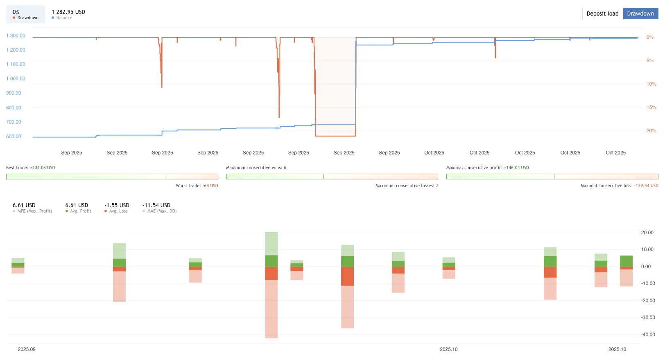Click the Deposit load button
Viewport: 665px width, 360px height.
[x=602, y=14]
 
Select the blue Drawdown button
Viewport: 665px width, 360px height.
[x=640, y=14]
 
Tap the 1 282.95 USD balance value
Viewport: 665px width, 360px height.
[x=68, y=12]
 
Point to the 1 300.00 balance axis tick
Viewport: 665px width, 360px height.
[x=16, y=36]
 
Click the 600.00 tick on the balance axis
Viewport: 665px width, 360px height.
[x=14, y=136]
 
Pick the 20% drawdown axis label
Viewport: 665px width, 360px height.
[x=651, y=131]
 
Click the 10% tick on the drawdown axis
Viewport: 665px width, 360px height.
[x=651, y=84]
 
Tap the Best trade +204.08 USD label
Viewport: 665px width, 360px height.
[x=30, y=168]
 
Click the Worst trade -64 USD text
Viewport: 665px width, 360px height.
[x=197, y=186]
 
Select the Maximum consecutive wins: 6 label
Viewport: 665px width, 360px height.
[x=256, y=168]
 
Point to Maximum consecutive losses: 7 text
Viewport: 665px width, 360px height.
[x=407, y=186]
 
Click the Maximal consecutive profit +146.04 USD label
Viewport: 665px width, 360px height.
[x=487, y=168]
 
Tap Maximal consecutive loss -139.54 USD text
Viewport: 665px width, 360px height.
[x=619, y=186]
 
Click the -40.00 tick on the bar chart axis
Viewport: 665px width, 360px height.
[x=648, y=335]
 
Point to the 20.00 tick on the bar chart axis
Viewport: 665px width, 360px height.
[x=647, y=233]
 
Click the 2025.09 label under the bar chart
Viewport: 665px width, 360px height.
[x=27, y=349]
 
